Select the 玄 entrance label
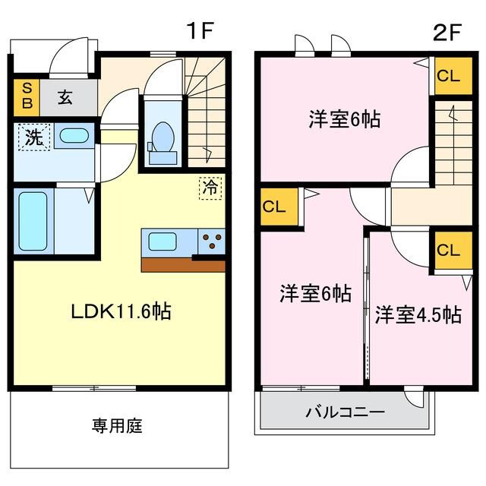pos(66,97)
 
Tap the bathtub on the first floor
pos(33,221)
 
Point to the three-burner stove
pos(212,242)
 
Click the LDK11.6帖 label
pos(121,311)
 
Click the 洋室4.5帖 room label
pos(417,315)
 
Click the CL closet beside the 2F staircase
pos(448,76)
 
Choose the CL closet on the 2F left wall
pos(276,207)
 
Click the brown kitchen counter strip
pos(182,265)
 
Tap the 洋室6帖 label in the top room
pos(344,119)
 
